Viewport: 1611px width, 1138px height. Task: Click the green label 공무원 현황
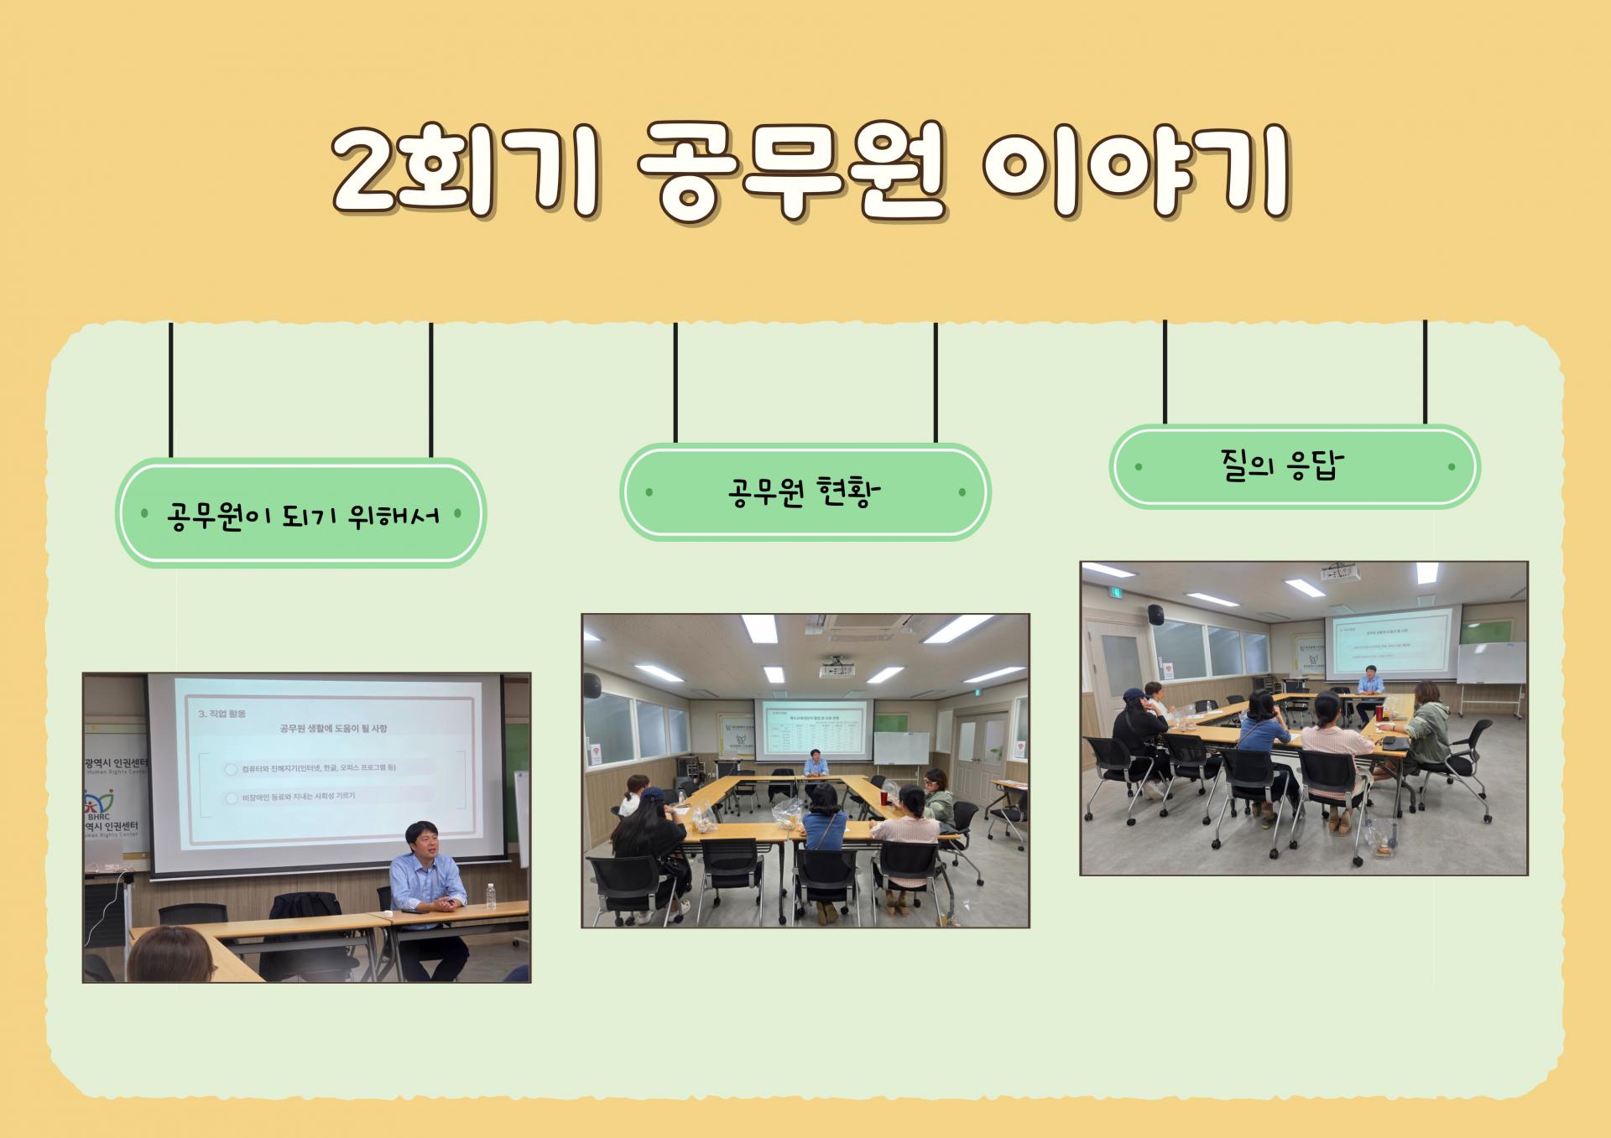tap(805, 492)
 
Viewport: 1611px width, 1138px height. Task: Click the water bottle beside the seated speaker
tap(492, 895)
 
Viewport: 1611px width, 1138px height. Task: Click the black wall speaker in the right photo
tap(1156, 614)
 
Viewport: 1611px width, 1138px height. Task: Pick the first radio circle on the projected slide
tap(232, 769)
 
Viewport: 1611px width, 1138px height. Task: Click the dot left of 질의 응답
tap(1139, 467)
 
